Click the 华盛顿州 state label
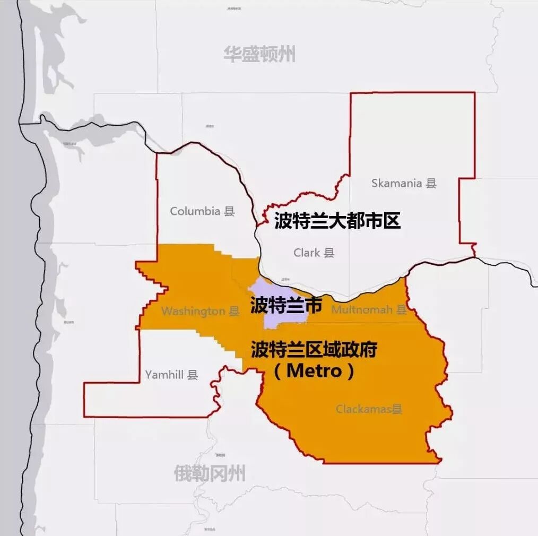click(x=259, y=54)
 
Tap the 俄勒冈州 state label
click(x=210, y=473)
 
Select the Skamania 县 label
click(x=404, y=184)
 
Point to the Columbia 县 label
click(x=202, y=211)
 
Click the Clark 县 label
click(x=314, y=253)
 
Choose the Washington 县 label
click(x=201, y=311)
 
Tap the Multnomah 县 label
click(x=369, y=309)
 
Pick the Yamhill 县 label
click(x=171, y=375)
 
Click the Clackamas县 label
click(x=369, y=409)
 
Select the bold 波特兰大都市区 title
click(x=337, y=221)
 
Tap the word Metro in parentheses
click(x=314, y=371)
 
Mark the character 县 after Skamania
click(x=431, y=184)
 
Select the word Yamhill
click(x=164, y=375)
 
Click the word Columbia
click(x=195, y=211)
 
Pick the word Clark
click(x=307, y=253)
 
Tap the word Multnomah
click(x=362, y=309)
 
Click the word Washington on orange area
click(x=193, y=311)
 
